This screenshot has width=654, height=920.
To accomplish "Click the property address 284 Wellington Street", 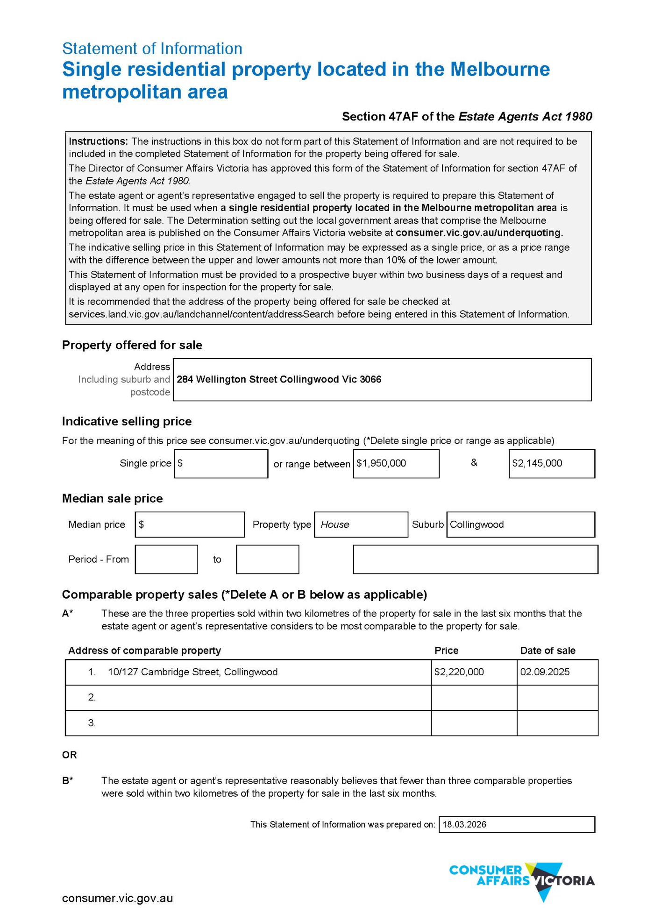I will click(279, 380).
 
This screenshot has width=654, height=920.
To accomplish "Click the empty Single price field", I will click(221, 464).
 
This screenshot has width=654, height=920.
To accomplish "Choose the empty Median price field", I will click(190, 525).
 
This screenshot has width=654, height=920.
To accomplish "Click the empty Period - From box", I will click(166, 559).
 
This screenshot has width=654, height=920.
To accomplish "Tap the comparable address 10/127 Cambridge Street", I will click(192, 672).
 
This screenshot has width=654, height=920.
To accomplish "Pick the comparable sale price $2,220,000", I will click(459, 672).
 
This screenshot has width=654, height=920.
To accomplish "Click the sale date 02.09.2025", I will click(545, 672).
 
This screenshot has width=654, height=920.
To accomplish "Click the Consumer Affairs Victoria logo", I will click(522, 881).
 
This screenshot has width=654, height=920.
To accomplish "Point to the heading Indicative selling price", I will click(127, 422).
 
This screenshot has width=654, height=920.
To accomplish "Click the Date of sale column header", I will click(547, 651).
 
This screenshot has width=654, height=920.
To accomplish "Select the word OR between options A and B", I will click(70, 755).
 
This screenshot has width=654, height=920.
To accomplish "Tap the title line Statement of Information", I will click(152, 49).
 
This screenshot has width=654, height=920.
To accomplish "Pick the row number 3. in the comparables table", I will click(92, 723).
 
